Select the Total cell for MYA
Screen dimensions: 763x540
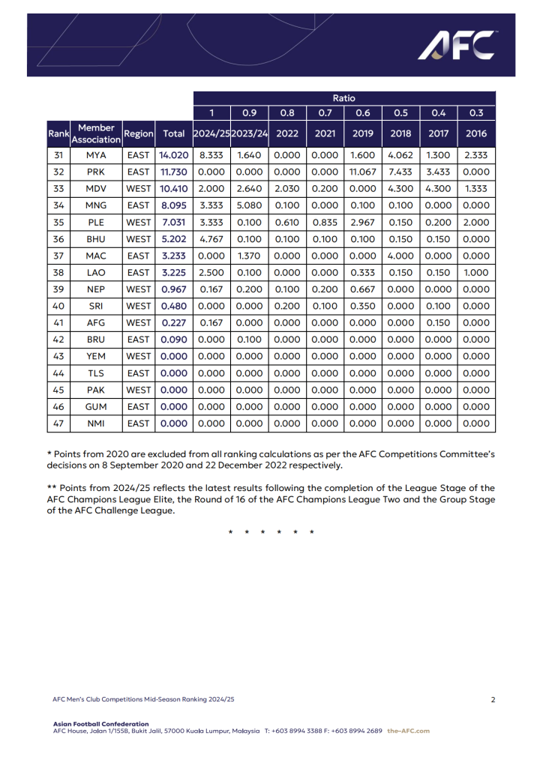coord(173,155)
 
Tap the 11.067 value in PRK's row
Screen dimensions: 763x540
coord(362,172)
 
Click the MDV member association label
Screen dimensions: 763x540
coord(96,189)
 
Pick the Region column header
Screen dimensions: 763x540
coord(138,133)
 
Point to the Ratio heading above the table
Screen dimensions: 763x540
coord(344,98)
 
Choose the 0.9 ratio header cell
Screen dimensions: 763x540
coord(249,113)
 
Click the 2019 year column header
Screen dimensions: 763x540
coord(362,133)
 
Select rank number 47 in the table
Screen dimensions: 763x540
coord(58,423)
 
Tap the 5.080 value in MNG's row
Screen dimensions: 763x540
coord(249,205)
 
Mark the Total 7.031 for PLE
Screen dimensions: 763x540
coord(173,223)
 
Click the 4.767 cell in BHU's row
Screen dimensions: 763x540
coord(211,239)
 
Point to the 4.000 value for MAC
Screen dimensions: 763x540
coord(400,256)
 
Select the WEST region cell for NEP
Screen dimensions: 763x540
coord(138,289)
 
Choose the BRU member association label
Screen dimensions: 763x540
coord(96,340)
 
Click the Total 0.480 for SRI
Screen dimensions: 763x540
coord(173,306)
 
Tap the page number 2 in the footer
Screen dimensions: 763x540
coord(493,699)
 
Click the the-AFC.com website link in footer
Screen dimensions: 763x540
coord(409,731)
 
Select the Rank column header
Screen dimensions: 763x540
coord(58,133)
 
